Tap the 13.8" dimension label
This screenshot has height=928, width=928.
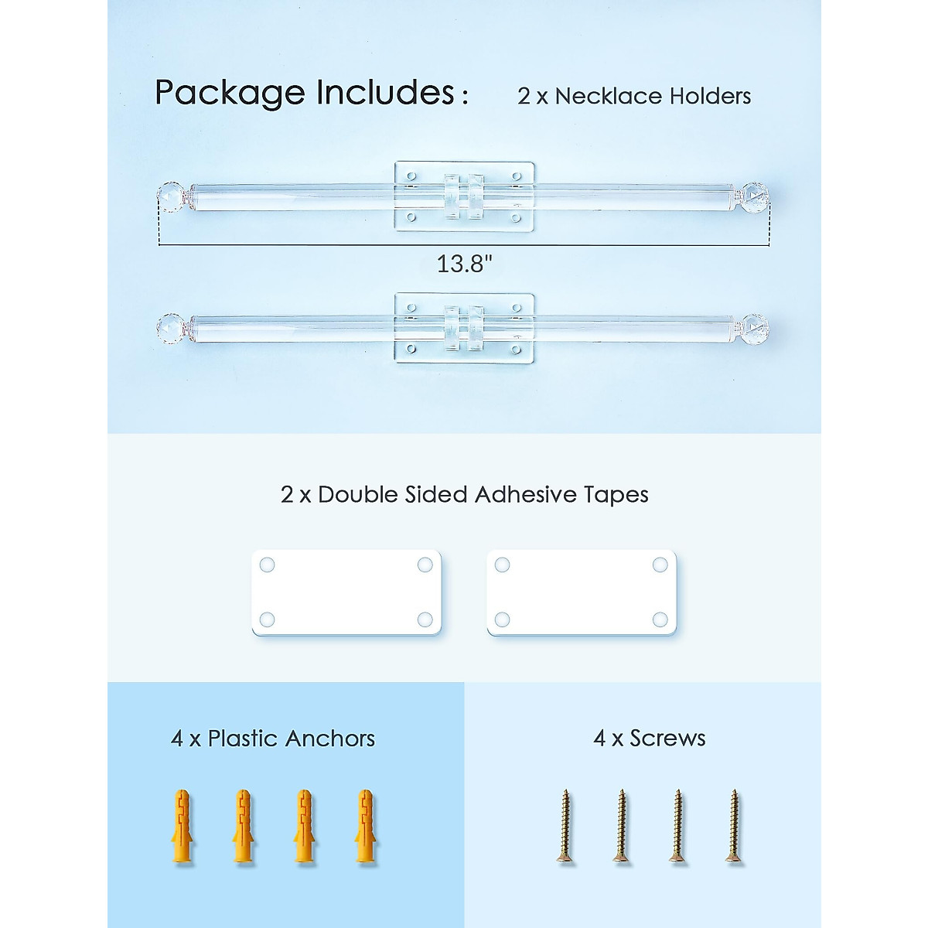click(464, 264)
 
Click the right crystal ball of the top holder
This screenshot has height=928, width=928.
click(756, 196)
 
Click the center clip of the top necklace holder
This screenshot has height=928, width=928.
click(464, 197)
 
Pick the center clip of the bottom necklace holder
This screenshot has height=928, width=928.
click(464, 328)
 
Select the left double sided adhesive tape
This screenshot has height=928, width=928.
click(346, 592)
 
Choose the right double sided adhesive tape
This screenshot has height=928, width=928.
click(582, 592)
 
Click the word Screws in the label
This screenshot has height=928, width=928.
click(667, 739)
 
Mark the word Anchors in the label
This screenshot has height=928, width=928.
click(329, 739)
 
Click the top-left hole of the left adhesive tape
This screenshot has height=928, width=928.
click(267, 565)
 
